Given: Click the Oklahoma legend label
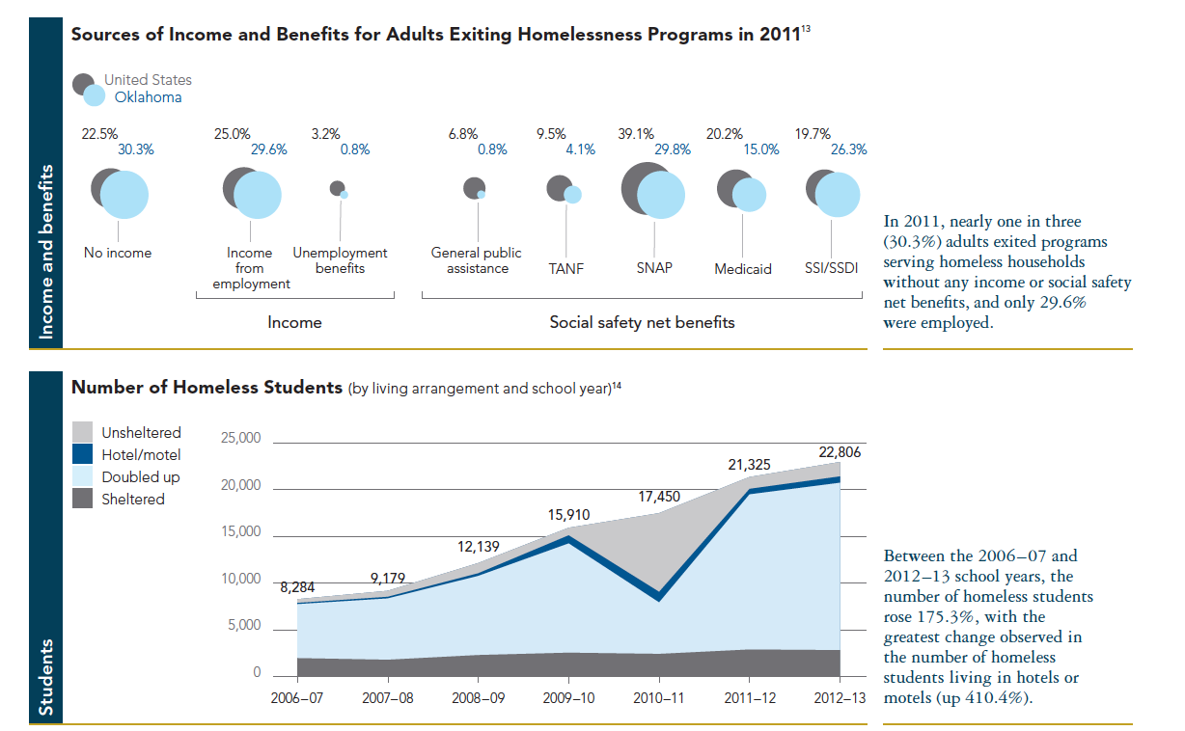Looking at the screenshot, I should click(141, 97).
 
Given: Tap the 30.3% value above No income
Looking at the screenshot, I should click(135, 149).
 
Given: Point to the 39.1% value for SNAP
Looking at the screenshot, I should click(636, 134).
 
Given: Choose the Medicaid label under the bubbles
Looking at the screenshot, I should click(743, 269).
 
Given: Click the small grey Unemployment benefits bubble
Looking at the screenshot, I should click(337, 188).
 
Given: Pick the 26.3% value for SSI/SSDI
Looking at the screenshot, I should click(848, 149).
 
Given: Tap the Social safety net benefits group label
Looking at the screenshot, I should click(642, 322).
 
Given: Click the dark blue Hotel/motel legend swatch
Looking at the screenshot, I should click(83, 454).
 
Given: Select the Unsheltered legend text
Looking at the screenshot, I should click(141, 433).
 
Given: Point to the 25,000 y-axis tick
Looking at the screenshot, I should click(242, 439).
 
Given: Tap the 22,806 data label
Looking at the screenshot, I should click(838, 451).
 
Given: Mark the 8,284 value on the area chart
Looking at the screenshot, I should click(297, 586).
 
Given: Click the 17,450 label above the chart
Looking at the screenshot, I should click(659, 497).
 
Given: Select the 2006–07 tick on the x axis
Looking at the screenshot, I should click(298, 697).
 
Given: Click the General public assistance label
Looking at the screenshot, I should click(476, 260).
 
